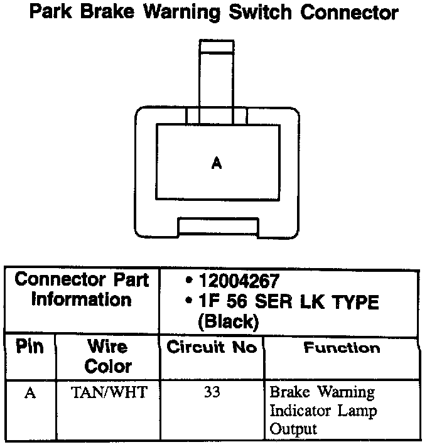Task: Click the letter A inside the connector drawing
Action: (217, 163)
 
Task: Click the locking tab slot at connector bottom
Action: (217, 225)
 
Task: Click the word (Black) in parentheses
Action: (227, 323)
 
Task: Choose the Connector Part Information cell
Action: (82, 289)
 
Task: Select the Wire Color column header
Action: (107, 356)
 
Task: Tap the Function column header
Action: (342, 348)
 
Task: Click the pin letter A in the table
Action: (29, 394)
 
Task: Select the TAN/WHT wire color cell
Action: (108, 394)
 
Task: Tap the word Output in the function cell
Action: (293, 429)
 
